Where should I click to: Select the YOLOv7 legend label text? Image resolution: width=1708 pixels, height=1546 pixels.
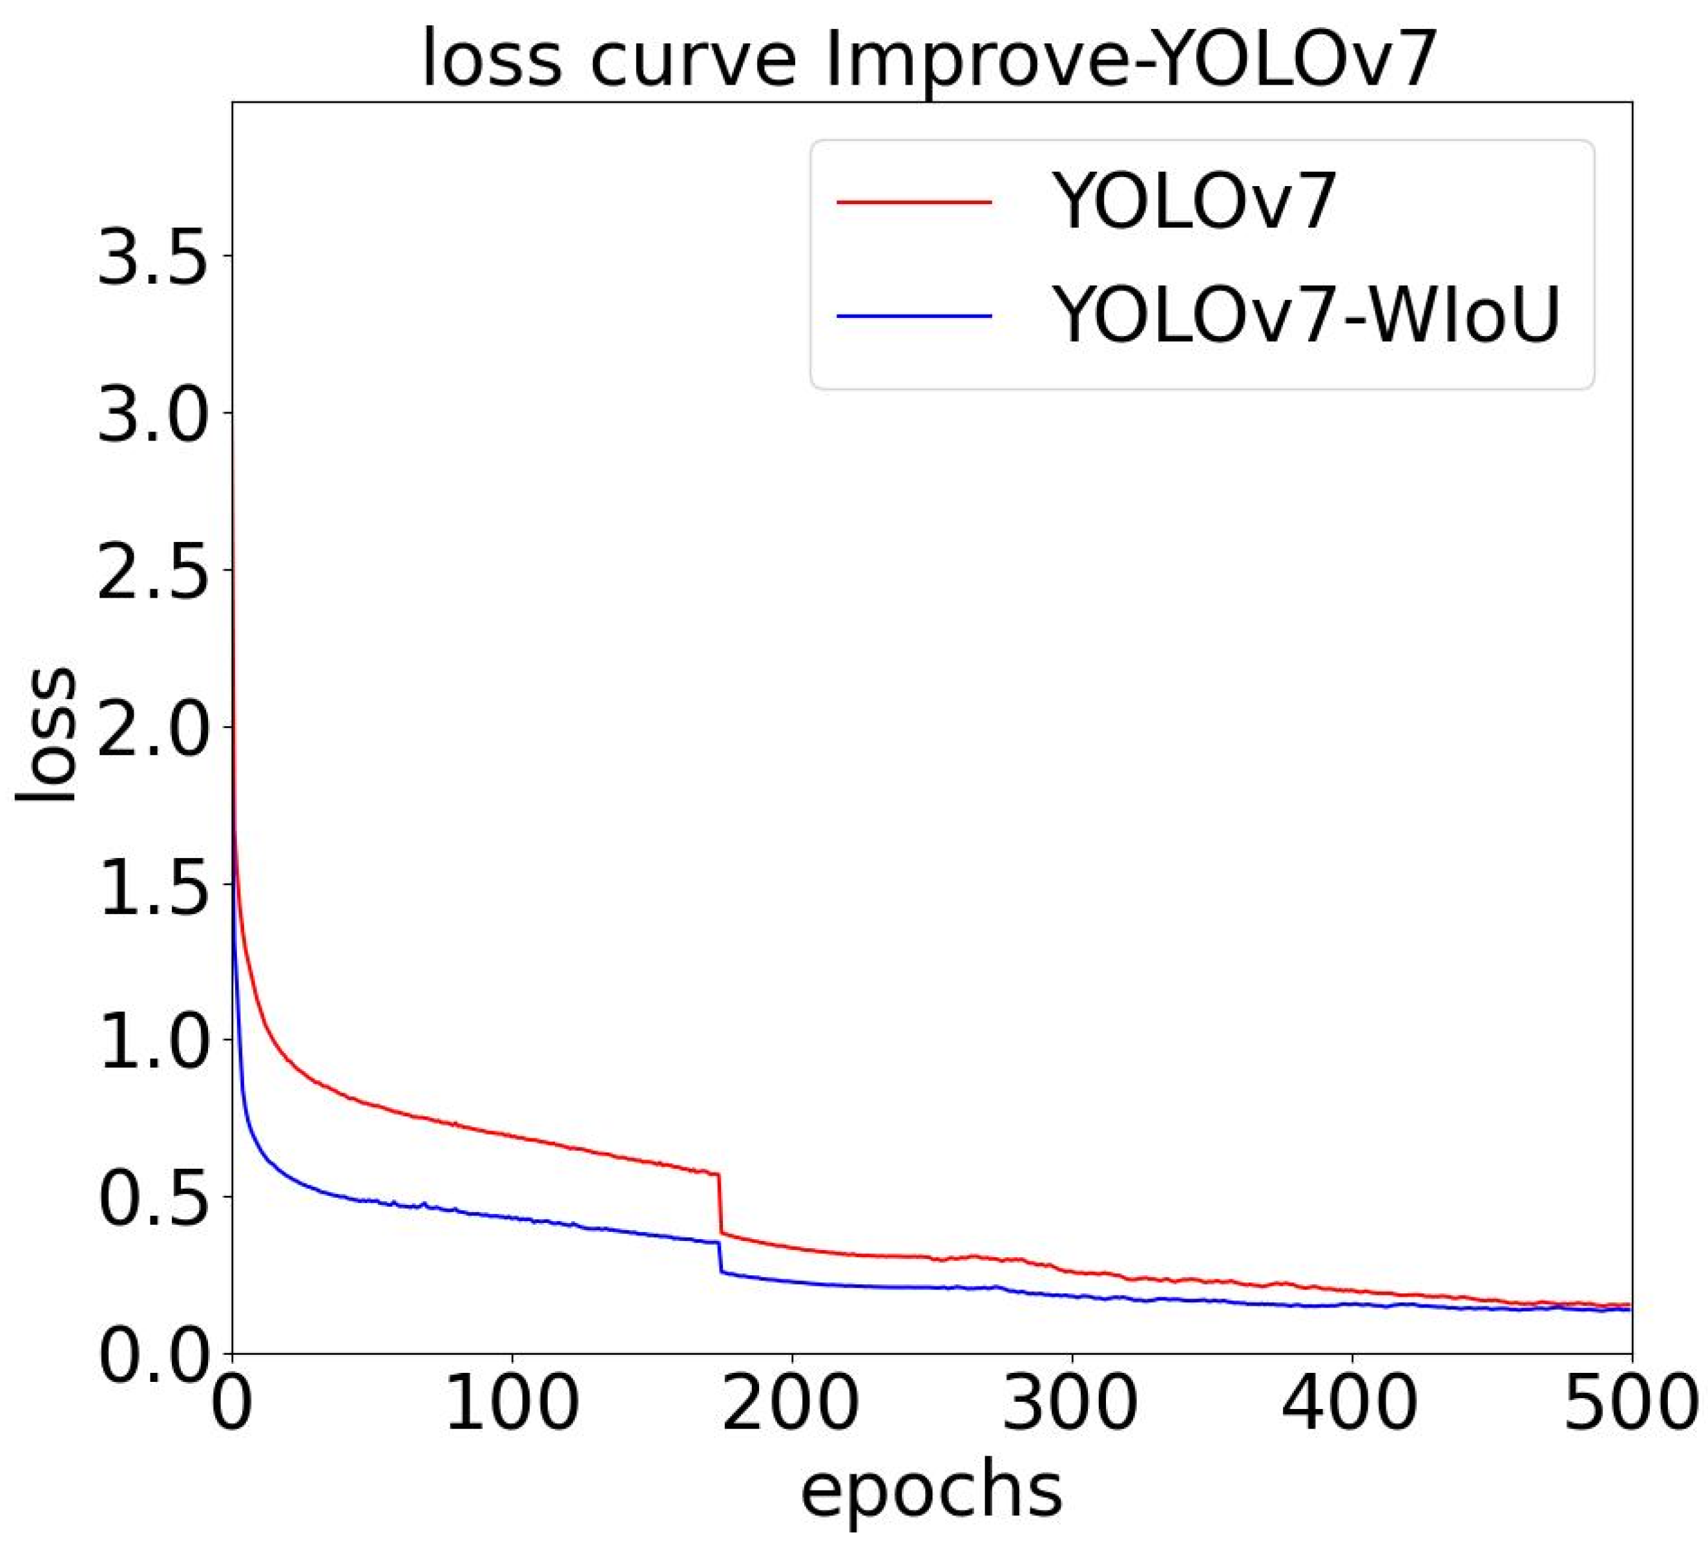tap(1194, 202)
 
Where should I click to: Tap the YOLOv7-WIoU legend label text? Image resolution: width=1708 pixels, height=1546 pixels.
tap(1306, 315)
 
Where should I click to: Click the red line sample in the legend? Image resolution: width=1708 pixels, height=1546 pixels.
tap(914, 202)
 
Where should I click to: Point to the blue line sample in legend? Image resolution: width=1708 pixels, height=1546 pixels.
tap(914, 316)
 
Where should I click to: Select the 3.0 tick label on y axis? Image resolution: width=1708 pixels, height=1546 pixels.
tap(152, 413)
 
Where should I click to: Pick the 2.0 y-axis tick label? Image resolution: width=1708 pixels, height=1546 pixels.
tap(152, 727)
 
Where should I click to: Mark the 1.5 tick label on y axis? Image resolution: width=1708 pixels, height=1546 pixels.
tap(152, 884)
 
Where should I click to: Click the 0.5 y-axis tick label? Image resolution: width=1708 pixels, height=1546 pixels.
tap(152, 1197)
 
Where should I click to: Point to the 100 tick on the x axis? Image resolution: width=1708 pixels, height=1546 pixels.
tap(512, 1404)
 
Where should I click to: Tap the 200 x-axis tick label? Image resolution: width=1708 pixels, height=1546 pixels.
tap(791, 1404)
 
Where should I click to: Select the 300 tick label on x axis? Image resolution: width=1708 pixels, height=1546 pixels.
tap(1071, 1404)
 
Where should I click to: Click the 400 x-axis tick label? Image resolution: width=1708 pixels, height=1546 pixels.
tap(1351, 1404)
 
